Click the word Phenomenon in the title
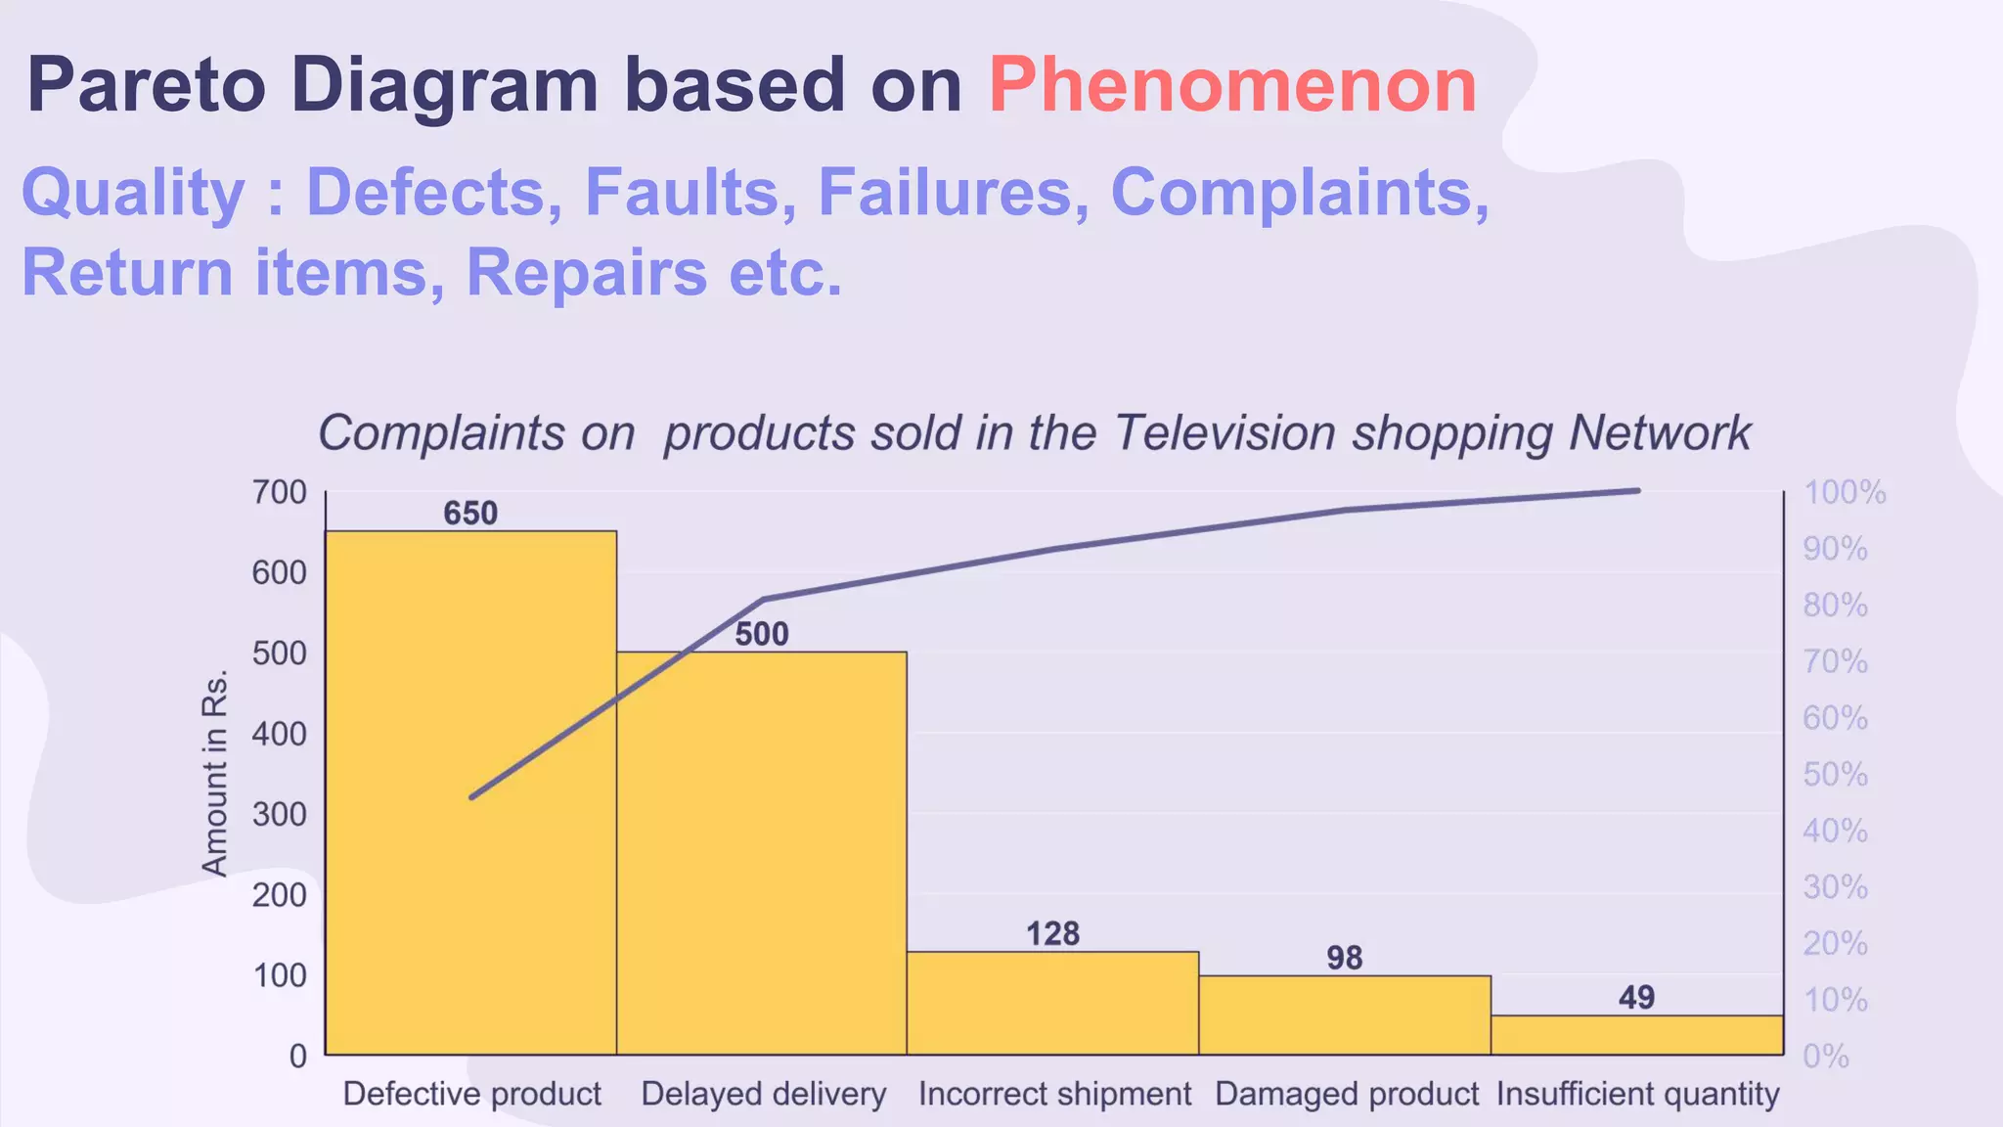(x=1232, y=86)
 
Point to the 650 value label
(x=470, y=514)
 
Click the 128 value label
(x=1052, y=934)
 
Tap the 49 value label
(x=1636, y=998)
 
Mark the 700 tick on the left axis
(x=280, y=492)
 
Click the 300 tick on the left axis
(x=280, y=814)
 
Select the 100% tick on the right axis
(x=1845, y=492)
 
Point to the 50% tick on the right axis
(x=1836, y=775)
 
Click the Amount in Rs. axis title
(x=214, y=773)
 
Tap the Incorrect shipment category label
(x=1054, y=1094)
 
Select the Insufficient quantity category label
(x=1638, y=1094)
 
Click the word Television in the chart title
(x=1224, y=433)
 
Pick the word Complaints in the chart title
(x=441, y=433)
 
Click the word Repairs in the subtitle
(x=586, y=272)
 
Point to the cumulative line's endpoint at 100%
(x=1638, y=491)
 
